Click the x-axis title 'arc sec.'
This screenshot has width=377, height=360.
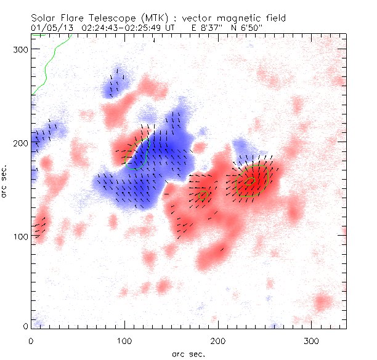(x=188, y=353)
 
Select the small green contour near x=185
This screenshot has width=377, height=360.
(x=204, y=196)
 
